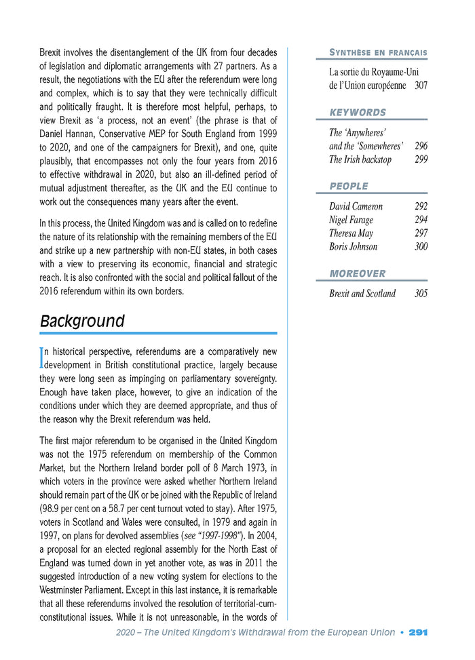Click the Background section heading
82,321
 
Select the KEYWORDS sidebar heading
358,112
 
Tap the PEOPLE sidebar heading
349,186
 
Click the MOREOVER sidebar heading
357,273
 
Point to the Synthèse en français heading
378,52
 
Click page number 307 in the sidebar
421,85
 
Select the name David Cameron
356,206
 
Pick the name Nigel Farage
351,220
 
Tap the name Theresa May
351,233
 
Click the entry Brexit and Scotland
362,294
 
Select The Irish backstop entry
360,159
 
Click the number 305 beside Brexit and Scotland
421,294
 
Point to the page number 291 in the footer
418,632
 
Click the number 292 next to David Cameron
421,206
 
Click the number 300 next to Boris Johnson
421,247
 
